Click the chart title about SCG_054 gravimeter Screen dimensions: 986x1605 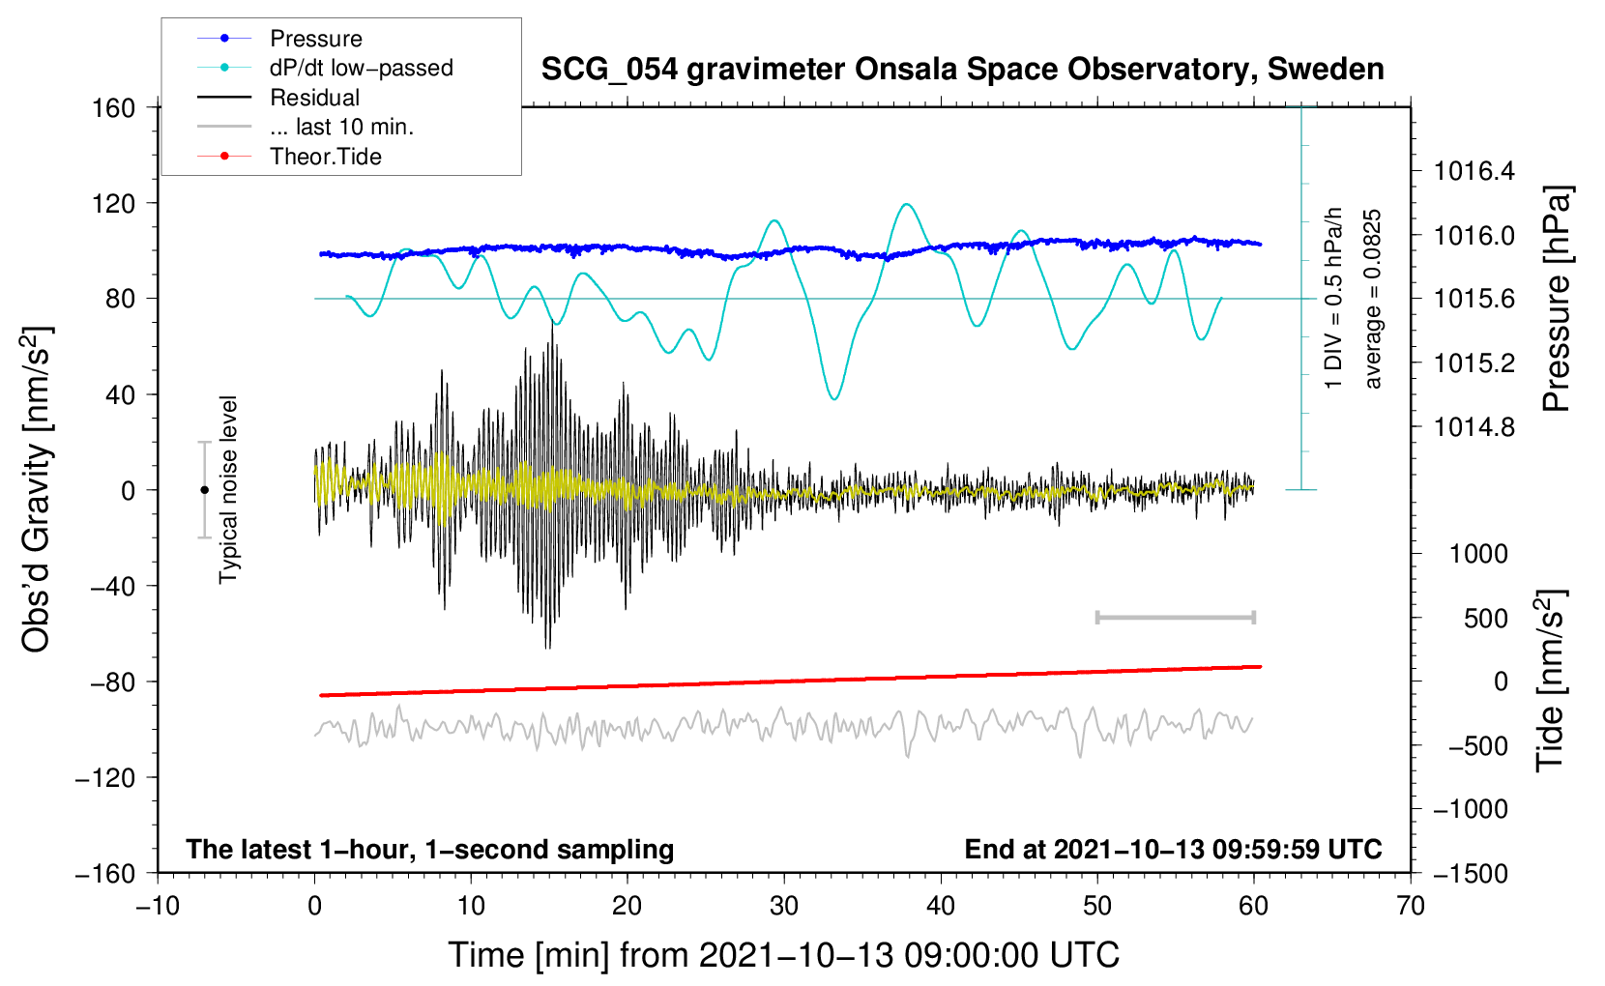(962, 70)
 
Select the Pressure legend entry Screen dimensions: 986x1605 (315, 39)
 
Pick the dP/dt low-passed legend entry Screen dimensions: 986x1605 (361, 68)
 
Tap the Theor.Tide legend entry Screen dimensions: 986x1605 (325, 157)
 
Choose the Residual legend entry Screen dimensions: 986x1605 (314, 98)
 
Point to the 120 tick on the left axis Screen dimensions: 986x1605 (114, 203)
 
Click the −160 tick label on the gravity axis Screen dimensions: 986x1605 (105, 873)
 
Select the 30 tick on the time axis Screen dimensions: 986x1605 (784, 906)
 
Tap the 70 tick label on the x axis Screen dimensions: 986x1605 (1411, 906)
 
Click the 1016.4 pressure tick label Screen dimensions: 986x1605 (1474, 172)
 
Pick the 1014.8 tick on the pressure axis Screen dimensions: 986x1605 (1474, 427)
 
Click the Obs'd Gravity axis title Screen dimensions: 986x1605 (37, 489)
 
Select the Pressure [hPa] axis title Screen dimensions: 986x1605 (1557, 300)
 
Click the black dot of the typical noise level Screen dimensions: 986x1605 (204, 490)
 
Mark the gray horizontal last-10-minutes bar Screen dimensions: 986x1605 (1175, 617)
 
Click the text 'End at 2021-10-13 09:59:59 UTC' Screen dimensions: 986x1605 (1173, 849)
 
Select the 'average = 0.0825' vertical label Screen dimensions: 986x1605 (1373, 300)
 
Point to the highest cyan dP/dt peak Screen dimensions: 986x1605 (906, 204)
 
